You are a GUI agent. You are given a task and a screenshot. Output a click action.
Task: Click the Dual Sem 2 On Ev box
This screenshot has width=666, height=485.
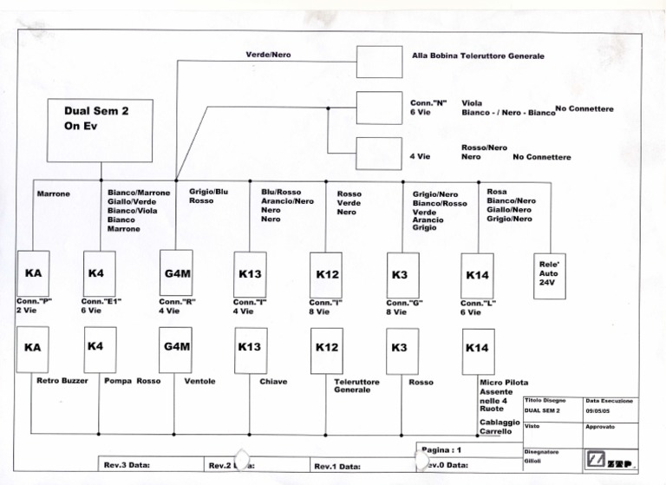tap(100, 130)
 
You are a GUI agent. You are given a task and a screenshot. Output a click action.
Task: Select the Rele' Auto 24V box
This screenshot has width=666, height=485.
tap(549, 276)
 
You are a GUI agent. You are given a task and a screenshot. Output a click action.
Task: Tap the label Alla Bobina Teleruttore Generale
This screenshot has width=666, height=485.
tap(478, 56)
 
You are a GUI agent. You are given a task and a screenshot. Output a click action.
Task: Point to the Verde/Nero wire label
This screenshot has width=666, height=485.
tap(268, 55)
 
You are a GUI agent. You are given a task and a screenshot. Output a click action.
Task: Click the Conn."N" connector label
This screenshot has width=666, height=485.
tap(428, 102)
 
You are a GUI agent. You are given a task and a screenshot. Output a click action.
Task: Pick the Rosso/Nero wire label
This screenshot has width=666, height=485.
tap(484, 147)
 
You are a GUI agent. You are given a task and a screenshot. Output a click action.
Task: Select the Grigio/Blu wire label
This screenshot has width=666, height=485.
tap(209, 192)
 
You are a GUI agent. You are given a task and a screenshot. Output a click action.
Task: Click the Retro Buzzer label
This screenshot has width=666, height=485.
tap(62, 381)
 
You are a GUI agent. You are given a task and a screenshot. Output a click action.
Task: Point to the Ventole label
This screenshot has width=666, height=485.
tap(199, 381)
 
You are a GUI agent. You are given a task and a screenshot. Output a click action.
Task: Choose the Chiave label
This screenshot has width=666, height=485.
tap(273, 381)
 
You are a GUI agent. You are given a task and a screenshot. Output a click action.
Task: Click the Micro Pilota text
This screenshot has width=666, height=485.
tap(504, 383)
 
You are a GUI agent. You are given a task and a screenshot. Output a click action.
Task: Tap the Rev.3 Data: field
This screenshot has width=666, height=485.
tap(127, 466)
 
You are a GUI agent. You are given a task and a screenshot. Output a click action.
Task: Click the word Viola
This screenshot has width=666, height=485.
tap(473, 102)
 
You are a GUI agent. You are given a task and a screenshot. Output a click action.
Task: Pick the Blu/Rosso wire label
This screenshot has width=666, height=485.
tap(281, 192)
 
